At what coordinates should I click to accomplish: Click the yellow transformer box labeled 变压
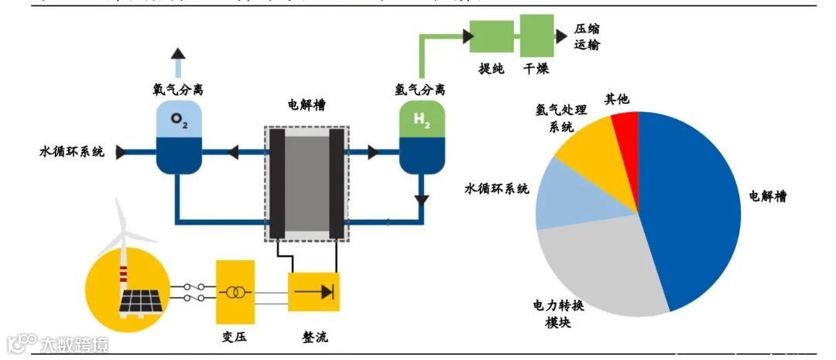click(235, 292)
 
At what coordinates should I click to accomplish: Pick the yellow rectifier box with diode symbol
click(313, 292)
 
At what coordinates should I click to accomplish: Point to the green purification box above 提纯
click(492, 36)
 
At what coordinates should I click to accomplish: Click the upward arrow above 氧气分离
click(178, 55)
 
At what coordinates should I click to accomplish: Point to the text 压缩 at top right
click(587, 29)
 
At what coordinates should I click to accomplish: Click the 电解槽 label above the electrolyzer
click(306, 105)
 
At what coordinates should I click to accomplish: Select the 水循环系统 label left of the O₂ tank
click(70, 151)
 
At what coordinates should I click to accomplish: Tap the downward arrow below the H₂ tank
click(421, 199)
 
